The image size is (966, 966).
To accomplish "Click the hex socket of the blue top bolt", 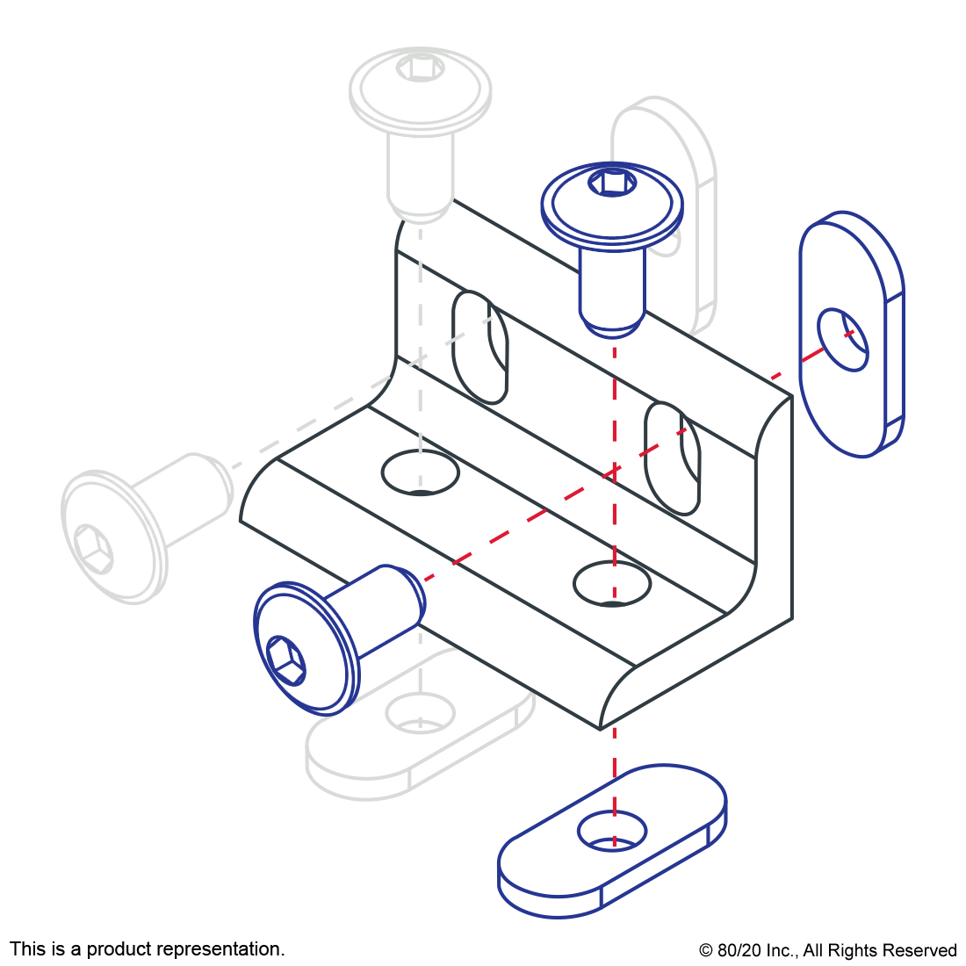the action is [612, 183].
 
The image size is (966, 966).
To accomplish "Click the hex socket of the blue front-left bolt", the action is [285, 660].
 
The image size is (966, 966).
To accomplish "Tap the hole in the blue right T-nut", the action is [843, 340].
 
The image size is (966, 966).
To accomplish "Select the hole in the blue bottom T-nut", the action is [612, 831].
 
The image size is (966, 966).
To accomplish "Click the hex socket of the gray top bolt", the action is [420, 67].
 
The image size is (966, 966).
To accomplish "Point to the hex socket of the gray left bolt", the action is [93, 550].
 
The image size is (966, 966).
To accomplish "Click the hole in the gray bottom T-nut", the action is [420, 713].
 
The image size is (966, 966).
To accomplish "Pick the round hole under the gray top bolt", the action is [420, 472].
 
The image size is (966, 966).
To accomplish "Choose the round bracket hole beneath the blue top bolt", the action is [612, 583].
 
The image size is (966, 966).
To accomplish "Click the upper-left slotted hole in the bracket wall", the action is [479, 348].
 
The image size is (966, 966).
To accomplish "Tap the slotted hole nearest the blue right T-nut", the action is [672, 458].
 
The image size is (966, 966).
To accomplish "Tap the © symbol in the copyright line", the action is [706, 950].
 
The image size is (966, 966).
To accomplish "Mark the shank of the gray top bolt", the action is [420, 176].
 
